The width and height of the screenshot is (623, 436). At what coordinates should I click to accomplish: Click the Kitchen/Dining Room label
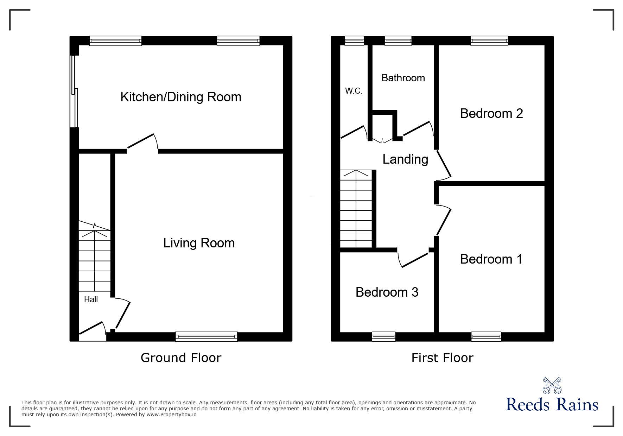(181, 97)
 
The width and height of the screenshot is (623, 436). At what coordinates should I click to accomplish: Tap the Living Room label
(199, 243)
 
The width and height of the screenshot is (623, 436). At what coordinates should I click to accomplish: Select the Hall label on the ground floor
(91, 299)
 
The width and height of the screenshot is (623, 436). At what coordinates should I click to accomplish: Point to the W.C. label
(354, 91)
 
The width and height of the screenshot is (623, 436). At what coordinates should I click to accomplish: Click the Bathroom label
(403, 78)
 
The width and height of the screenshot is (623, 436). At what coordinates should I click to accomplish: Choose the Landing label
(405, 159)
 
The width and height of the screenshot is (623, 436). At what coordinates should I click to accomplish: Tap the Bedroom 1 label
(491, 259)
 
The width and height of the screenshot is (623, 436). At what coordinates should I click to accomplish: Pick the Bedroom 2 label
(491, 113)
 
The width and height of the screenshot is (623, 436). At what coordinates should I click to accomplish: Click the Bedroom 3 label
(387, 292)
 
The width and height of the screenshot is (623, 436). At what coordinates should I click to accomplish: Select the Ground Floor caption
(181, 358)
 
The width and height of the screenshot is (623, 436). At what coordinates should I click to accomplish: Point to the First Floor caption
(442, 358)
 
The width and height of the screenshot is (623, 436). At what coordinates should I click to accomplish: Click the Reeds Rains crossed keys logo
(552, 385)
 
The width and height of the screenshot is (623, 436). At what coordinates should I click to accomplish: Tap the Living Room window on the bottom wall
(206, 337)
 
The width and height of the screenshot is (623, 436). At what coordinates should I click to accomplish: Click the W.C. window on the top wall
(354, 41)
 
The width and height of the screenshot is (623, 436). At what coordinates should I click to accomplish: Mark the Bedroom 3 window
(384, 337)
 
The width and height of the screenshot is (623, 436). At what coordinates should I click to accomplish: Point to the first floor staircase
(356, 209)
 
